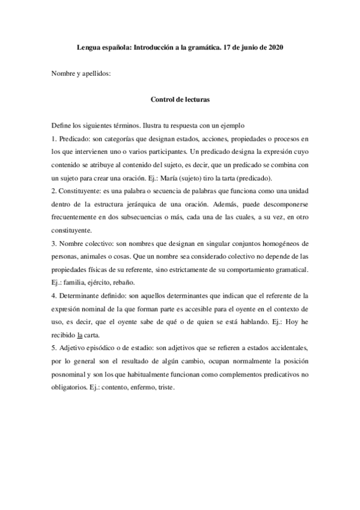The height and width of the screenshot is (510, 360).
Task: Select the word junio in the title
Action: point(245,46)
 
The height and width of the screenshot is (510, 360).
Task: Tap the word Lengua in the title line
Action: point(91,46)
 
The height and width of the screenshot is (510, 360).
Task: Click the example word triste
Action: point(162,387)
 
